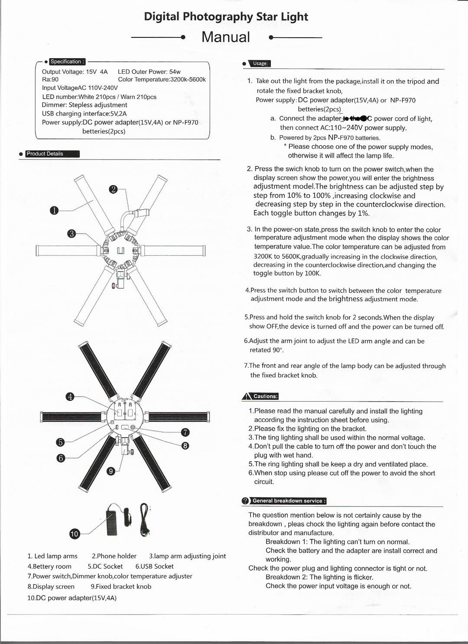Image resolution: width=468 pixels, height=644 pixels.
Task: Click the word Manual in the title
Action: click(226, 37)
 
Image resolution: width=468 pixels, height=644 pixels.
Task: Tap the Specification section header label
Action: click(67, 62)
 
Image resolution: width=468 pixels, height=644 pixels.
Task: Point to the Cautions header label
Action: click(265, 396)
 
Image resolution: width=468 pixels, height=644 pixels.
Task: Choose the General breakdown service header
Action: click(288, 500)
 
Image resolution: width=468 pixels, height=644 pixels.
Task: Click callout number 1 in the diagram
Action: click(54, 211)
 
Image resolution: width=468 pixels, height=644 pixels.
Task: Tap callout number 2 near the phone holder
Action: click(113, 189)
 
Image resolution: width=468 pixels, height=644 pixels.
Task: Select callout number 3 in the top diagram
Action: click(72, 234)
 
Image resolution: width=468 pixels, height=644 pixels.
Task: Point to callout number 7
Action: click(185, 432)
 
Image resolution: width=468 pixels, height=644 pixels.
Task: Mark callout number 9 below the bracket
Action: click(111, 472)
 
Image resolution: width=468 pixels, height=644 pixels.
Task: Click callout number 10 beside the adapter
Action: click(75, 534)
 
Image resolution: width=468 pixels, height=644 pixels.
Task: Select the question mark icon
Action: click(246, 501)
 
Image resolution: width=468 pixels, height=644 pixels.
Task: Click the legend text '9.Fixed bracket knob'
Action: click(121, 586)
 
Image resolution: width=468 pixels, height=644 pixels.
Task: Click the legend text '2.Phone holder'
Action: click(114, 556)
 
